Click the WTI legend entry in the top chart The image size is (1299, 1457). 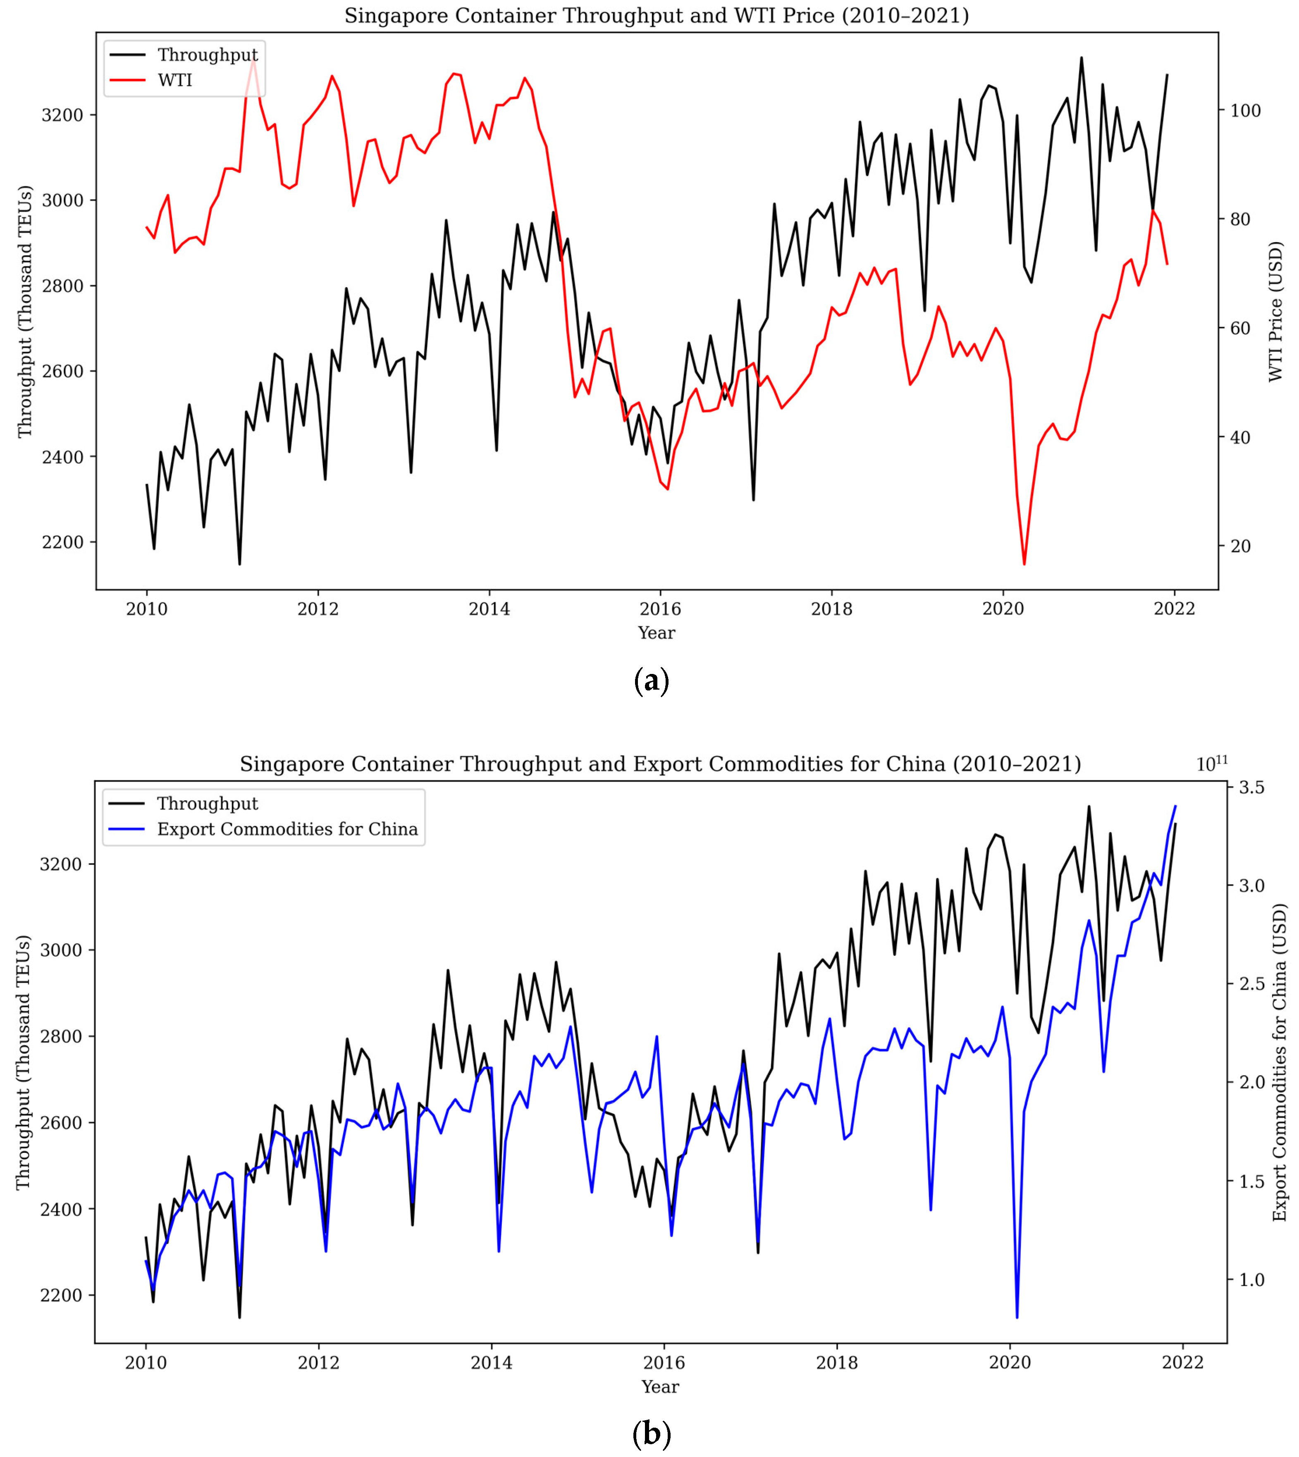175,80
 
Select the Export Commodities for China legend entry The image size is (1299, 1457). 287,829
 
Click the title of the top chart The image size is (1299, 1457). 656,16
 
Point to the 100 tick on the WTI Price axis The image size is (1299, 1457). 1244,111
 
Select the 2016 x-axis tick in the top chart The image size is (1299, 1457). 660,609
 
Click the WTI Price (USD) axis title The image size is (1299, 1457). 1275,312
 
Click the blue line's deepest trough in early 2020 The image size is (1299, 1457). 1017,1317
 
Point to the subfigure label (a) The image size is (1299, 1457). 651,681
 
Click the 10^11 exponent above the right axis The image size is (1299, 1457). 1212,764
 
